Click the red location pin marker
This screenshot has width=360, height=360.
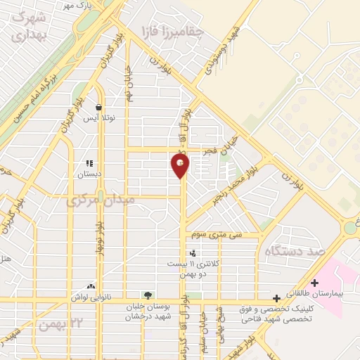click(x=181, y=166)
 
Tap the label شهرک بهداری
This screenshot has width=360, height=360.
click(x=29, y=26)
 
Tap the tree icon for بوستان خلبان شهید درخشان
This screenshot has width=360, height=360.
click(x=147, y=295)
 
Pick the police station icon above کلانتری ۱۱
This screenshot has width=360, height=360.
click(x=192, y=253)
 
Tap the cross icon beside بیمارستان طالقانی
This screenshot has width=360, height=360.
click(x=314, y=283)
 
